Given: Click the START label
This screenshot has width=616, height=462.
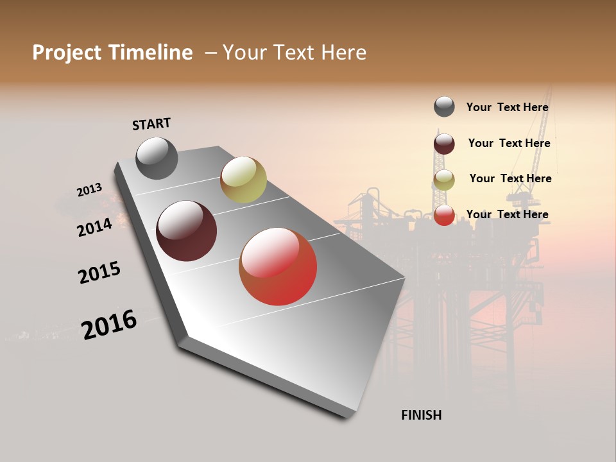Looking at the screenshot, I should [151, 124].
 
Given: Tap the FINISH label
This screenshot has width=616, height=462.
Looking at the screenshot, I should [421, 415].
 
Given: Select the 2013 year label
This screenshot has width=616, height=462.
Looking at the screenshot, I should [89, 190].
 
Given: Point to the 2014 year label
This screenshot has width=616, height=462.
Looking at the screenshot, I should [94, 227].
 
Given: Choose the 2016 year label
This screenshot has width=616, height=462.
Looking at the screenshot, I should [109, 324].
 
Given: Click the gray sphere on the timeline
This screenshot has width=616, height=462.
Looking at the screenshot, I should [157, 158].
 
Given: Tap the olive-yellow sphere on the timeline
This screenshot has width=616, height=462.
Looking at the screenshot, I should [243, 179].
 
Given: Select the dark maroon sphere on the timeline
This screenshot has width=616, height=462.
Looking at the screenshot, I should [186, 231].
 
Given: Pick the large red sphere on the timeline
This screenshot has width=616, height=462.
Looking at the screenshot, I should [278, 266].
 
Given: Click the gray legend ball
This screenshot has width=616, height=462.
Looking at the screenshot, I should [444, 107].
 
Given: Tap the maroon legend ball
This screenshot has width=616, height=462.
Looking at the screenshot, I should [444, 144].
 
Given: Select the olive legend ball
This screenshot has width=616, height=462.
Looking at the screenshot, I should [444, 180].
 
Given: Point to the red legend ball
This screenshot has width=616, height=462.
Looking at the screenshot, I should [444, 215].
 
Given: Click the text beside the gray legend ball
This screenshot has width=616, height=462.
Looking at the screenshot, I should [507, 108].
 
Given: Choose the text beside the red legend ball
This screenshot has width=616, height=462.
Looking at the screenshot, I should [507, 214].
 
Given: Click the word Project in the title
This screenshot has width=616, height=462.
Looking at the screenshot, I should [67, 53].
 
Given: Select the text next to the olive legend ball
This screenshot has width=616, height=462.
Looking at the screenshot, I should [510, 178].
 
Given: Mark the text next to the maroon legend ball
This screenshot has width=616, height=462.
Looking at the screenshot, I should [509, 143].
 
